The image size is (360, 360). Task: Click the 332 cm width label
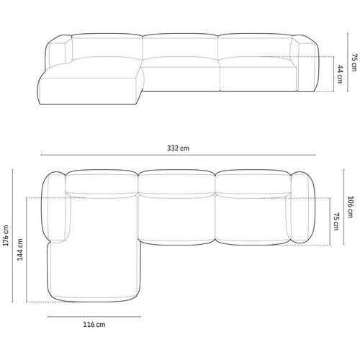178,148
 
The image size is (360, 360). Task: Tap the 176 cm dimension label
6,235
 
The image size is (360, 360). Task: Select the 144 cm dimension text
20,250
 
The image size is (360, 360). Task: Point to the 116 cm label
94,325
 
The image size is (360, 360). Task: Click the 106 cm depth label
350,207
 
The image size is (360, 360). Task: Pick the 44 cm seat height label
340,74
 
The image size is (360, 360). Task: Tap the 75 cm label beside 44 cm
354,63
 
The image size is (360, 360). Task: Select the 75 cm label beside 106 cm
336,221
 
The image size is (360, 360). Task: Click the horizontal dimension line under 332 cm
178,155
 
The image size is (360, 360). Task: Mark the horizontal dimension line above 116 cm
94,317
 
